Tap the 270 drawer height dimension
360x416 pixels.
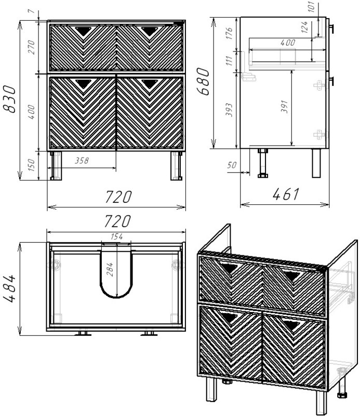click(x=31, y=47)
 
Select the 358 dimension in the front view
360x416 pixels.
click(x=82, y=160)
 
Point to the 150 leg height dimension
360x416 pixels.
click(x=31, y=165)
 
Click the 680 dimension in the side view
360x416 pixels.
click(x=204, y=81)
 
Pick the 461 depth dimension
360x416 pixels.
click(x=286, y=194)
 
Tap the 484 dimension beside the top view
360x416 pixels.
click(x=10, y=289)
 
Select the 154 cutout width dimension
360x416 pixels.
click(x=117, y=237)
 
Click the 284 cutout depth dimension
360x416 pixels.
click(x=110, y=270)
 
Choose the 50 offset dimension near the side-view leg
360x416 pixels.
click(x=232, y=165)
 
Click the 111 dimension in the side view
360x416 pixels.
click(x=229, y=61)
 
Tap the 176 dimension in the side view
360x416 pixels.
click(x=229, y=33)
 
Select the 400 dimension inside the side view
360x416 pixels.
click(x=288, y=43)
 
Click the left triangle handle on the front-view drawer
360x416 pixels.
click(x=83, y=31)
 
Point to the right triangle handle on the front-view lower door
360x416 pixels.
click(x=149, y=84)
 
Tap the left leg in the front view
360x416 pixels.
click(x=56, y=165)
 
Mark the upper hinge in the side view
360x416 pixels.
click(x=319, y=85)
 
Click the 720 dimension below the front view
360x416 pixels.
click(x=118, y=197)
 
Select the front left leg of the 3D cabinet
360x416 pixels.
click(x=211, y=389)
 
